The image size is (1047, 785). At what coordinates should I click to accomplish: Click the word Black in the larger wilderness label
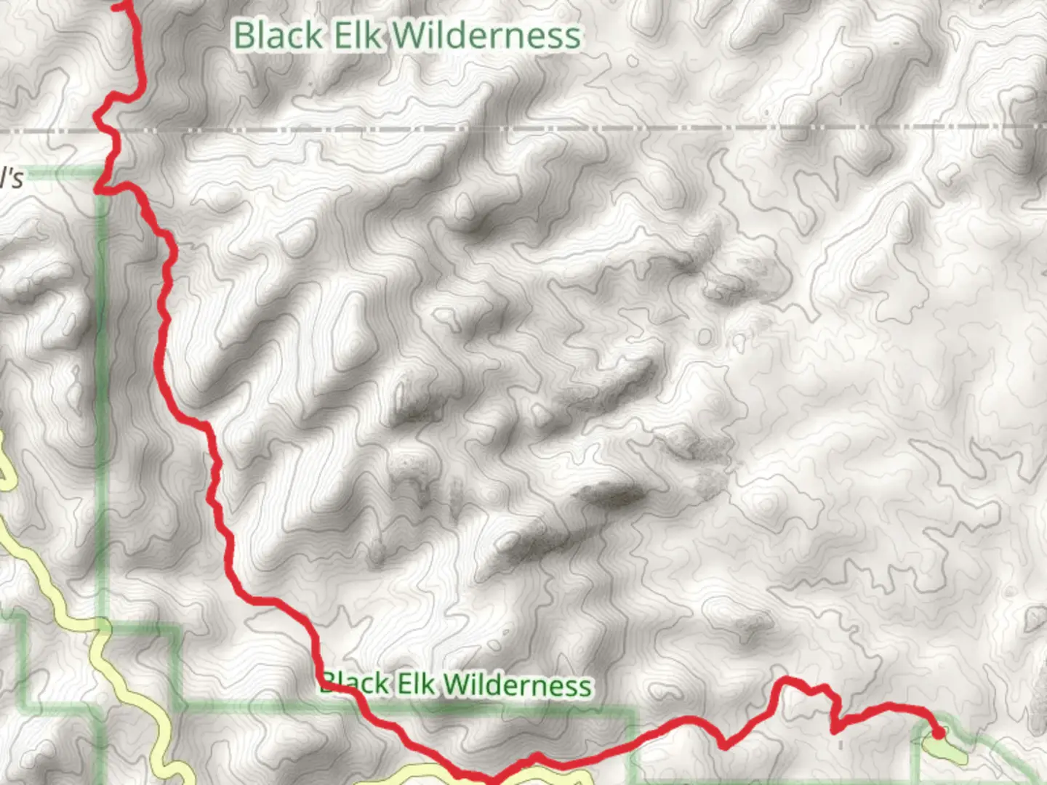pos(278,36)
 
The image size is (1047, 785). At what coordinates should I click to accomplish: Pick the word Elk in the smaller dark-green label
pos(415,684)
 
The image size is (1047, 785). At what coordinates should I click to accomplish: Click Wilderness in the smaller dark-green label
pos(518,685)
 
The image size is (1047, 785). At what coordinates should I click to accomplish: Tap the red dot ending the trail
pos(939,733)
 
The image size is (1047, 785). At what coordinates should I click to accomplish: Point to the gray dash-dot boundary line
pos(582,129)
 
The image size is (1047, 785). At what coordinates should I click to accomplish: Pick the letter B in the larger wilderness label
pos(244,36)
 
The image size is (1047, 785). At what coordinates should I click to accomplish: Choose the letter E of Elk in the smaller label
pos(402,684)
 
